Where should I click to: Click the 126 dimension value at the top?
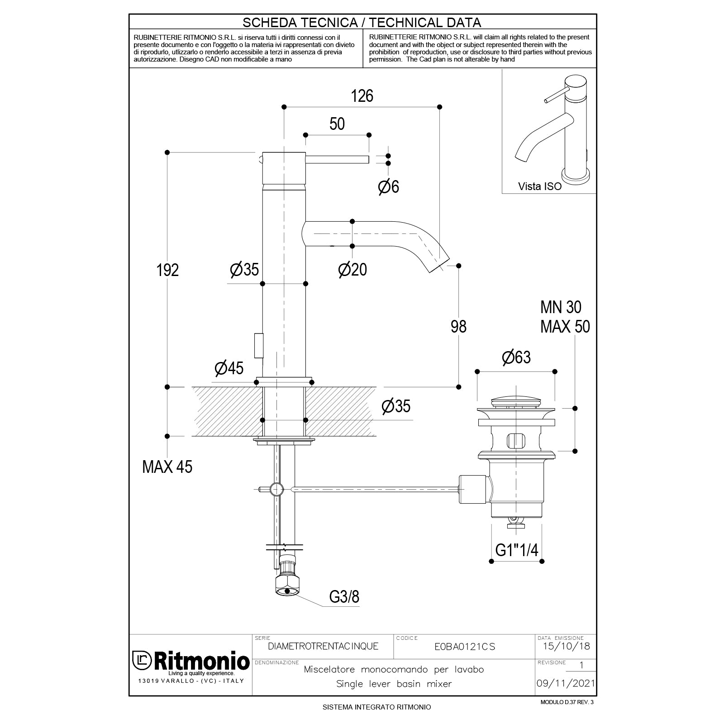click(x=362, y=96)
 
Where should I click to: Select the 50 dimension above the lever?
click(x=337, y=124)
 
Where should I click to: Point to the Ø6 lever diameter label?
click(x=389, y=186)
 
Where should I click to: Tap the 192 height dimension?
click(x=168, y=270)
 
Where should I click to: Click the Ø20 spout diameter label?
click(x=352, y=270)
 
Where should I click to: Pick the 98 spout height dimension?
click(x=458, y=326)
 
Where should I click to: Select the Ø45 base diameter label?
click(x=229, y=368)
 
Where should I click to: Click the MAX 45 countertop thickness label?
click(x=167, y=467)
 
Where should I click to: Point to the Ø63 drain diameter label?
click(x=516, y=357)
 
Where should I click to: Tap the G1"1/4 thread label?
click(x=517, y=550)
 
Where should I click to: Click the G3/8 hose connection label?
click(x=344, y=597)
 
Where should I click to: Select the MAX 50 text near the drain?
click(x=565, y=326)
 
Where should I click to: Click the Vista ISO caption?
click(x=539, y=186)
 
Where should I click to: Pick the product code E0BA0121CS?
click(x=464, y=647)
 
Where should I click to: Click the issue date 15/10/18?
click(x=566, y=646)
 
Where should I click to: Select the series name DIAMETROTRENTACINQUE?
click(x=323, y=646)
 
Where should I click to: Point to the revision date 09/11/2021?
click(x=566, y=683)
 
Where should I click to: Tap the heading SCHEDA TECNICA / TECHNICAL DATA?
click(x=362, y=22)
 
